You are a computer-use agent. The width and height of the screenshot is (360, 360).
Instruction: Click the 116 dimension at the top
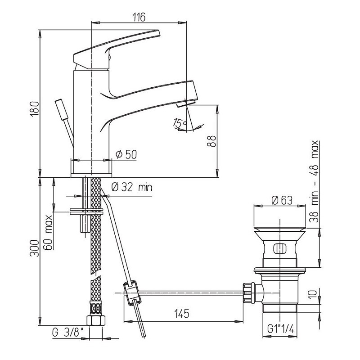pyautogui.click(x=139, y=17)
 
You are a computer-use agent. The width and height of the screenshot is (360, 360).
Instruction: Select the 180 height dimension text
pyautogui.click(x=35, y=108)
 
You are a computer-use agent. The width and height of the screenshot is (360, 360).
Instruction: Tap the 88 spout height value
pyautogui.click(x=211, y=141)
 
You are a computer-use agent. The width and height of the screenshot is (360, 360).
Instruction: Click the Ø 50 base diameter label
pyautogui.click(x=126, y=154)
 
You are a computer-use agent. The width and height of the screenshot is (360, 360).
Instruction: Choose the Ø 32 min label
pyautogui.click(x=132, y=187)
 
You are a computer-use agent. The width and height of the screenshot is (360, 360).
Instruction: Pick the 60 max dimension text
pyautogui.click(x=48, y=232)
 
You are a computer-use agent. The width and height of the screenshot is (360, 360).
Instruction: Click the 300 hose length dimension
pyautogui.click(x=35, y=248)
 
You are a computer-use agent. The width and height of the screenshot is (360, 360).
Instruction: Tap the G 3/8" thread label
pyautogui.click(x=68, y=332)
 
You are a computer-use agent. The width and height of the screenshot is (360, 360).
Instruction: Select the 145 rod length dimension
pyautogui.click(x=182, y=313)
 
